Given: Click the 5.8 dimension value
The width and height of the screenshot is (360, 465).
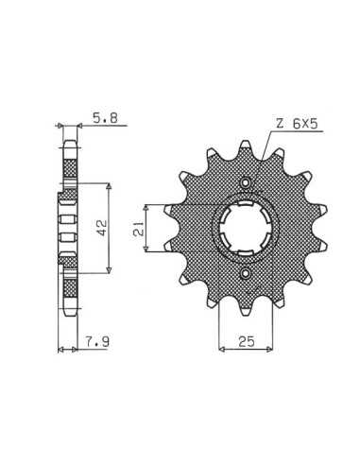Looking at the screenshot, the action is point(105,118).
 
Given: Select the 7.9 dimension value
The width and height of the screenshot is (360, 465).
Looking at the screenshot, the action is point(97,341).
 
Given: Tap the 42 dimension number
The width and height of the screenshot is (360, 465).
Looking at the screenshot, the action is point(102,228).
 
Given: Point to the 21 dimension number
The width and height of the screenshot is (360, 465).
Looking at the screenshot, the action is point(139,229).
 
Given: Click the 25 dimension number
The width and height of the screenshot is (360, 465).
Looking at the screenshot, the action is point(247,341).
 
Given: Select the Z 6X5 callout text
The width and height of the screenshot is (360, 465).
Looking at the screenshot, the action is point(297,124).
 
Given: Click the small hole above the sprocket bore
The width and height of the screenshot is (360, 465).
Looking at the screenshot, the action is point(246,182).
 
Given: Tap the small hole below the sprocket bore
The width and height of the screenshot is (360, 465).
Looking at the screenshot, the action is point(246,273).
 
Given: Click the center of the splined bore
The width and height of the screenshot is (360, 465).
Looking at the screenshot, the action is point(246,228).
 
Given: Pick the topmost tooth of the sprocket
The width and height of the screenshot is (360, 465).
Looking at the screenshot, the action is point(246,147).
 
